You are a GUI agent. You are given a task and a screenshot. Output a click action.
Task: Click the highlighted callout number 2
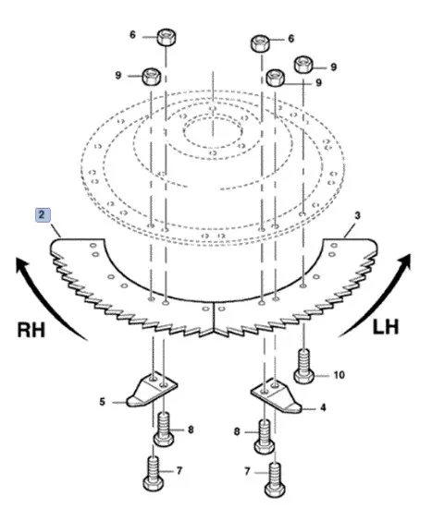click(x=42, y=214)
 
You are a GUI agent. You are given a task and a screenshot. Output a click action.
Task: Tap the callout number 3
click(x=357, y=215)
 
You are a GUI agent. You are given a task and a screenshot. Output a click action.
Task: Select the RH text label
click(x=31, y=330)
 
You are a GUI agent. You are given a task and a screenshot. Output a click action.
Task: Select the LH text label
click(x=385, y=327)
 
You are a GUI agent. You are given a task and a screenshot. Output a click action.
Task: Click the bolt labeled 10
click(x=304, y=366)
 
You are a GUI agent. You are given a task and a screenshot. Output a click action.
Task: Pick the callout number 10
click(x=339, y=375)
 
